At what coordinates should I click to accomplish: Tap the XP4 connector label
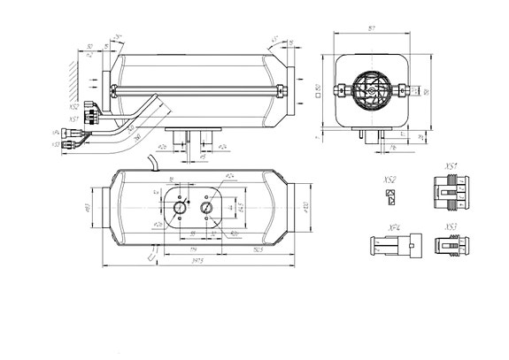(393, 228)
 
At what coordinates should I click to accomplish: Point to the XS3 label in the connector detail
(451, 227)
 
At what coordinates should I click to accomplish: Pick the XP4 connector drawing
(389, 249)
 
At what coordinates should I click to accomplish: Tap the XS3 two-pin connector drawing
(452, 249)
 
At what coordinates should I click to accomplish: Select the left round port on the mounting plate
(180, 208)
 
